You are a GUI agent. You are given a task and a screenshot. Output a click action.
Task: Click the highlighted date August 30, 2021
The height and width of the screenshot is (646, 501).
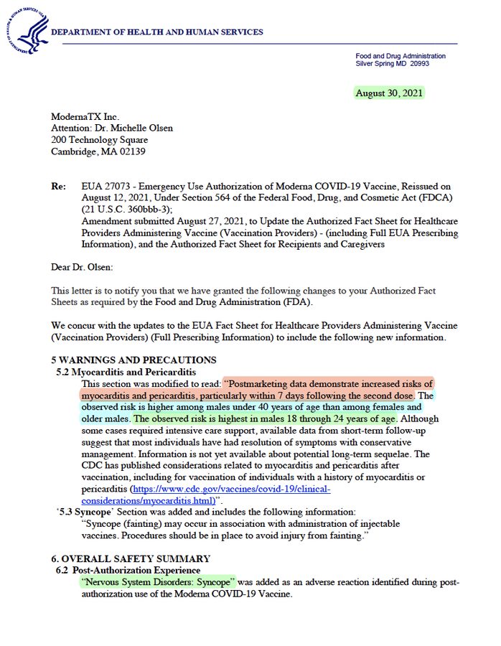click(x=389, y=93)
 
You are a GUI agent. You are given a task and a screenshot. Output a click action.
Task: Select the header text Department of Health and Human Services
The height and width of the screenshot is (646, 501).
click(x=157, y=32)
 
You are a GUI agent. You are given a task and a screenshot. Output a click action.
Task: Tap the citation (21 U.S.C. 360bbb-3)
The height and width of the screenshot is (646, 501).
click(x=126, y=209)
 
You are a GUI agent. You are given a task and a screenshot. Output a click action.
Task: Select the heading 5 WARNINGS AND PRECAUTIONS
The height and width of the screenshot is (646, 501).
click(x=134, y=360)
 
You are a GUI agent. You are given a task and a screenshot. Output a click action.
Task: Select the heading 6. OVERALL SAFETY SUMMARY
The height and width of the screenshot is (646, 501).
click(x=131, y=558)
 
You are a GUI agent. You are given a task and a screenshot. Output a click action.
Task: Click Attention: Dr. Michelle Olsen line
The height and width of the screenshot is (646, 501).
click(x=112, y=128)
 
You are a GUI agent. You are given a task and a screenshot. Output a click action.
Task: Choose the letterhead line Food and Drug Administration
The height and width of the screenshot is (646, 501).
click(x=401, y=56)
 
